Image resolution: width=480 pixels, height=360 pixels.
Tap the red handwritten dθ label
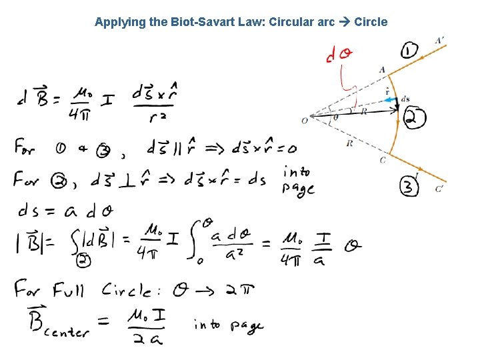(339, 55)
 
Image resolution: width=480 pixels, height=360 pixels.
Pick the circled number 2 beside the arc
(415, 119)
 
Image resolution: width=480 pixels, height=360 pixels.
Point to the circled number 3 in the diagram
(409, 187)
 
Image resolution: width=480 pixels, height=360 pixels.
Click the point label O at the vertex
(305, 121)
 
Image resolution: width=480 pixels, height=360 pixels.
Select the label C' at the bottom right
(439, 189)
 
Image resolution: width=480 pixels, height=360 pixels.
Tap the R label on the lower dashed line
(349, 143)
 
